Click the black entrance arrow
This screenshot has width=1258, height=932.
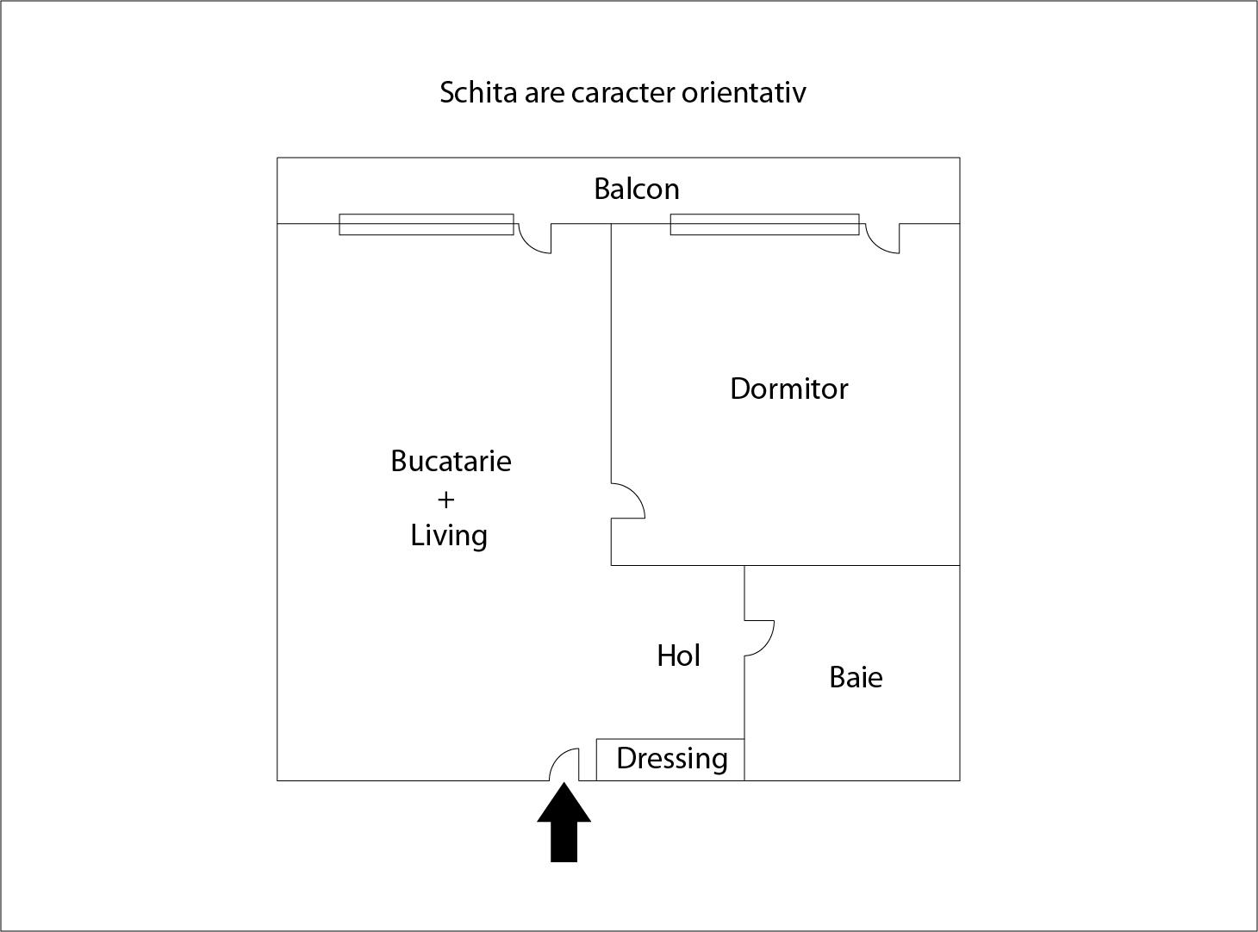[x=564, y=823]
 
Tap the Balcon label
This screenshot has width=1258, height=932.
[x=637, y=189]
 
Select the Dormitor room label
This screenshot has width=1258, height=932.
[x=789, y=388]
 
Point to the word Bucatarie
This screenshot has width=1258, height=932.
[x=451, y=461]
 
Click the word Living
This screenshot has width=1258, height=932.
[x=449, y=536]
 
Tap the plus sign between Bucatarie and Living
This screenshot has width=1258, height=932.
[x=445, y=500]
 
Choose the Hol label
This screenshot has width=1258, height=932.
[x=678, y=656]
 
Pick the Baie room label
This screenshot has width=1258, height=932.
[x=856, y=677]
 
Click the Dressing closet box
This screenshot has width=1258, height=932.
[x=670, y=760]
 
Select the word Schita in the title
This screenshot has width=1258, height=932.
[x=479, y=92]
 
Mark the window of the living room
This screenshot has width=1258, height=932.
[x=427, y=224]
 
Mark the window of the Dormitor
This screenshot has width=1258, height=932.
[x=764, y=224]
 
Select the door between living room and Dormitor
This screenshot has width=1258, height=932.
[x=628, y=500]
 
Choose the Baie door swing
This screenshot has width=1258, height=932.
[x=759, y=638]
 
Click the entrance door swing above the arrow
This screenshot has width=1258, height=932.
[x=564, y=765]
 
